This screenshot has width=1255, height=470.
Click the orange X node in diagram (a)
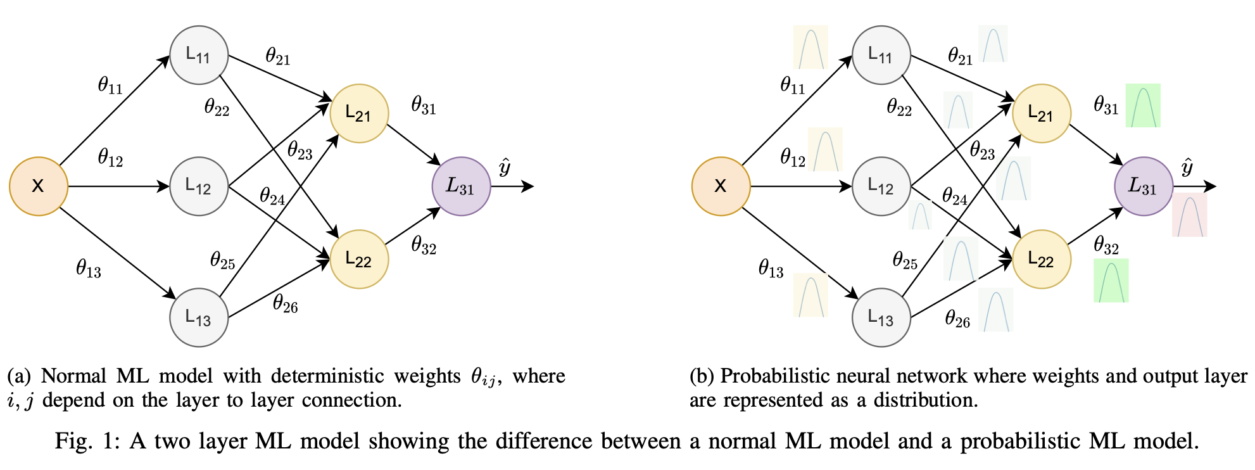coord(38,186)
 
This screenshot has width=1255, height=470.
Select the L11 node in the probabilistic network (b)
coord(881,55)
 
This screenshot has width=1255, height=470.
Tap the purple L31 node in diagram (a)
coord(461,186)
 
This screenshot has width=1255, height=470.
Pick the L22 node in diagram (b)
coord(1042,259)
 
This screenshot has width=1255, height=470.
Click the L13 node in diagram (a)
coord(199,317)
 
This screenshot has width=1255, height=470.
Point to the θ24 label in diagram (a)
coord(272,197)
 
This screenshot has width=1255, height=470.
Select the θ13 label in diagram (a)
coord(89,269)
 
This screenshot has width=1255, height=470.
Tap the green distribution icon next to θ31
coord(1143,106)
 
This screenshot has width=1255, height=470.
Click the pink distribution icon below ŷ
coord(1190,215)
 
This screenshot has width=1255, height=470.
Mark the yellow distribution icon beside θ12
coord(825,149)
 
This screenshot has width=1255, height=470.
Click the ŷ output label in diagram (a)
coord(505,168)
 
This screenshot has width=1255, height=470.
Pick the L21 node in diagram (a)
coord(359,113)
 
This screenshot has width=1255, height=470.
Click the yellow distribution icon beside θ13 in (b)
coord(810,295)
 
